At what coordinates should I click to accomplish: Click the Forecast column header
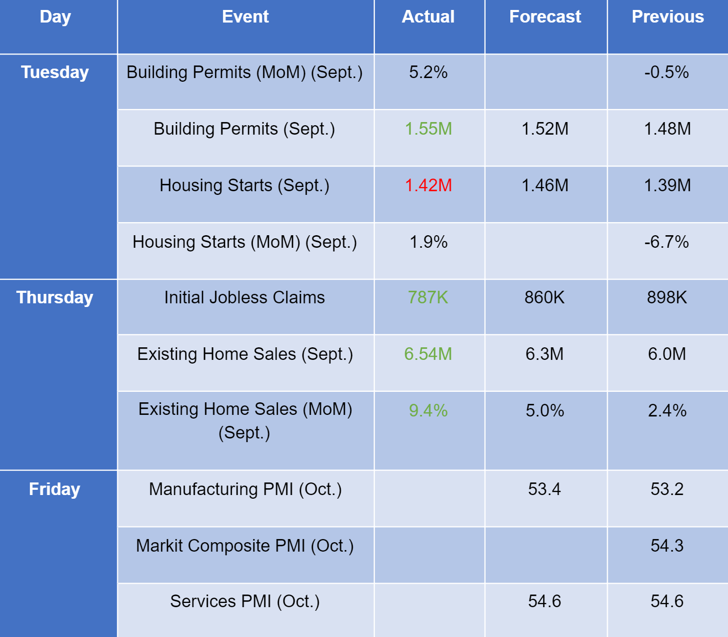[x=545, y=17]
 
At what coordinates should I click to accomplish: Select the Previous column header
[x=667, y=17]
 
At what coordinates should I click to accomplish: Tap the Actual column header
[x=428, y=17]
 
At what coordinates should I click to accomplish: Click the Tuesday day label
[x=55, y=72]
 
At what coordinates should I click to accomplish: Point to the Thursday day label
[x=55, y=298]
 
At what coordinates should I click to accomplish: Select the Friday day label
[x=54, y=489]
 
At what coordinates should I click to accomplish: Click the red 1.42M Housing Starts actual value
[x=428, y=185]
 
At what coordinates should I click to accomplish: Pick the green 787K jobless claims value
[x=428, y=298]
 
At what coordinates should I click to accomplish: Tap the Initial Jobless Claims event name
[x=244, y=298]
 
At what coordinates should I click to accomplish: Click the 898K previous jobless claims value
[x=667, y=298]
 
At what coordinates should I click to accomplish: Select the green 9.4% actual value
[x=428, y=411]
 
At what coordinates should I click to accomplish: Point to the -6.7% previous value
[x=667, y=242]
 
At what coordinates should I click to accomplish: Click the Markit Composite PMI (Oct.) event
[x=245, y=546]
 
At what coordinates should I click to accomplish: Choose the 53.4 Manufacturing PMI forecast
[x=544, y=489]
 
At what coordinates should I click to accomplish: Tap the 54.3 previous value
[x=667, y=546]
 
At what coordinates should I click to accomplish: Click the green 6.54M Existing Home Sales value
[x=428, y=354]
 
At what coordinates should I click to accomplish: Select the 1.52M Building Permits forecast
[x=545, y=129]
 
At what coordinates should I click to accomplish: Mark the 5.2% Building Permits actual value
[x=428, y=72]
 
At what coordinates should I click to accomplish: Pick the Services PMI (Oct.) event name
[x=245, y=601]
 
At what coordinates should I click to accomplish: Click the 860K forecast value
[x=544, y=298]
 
